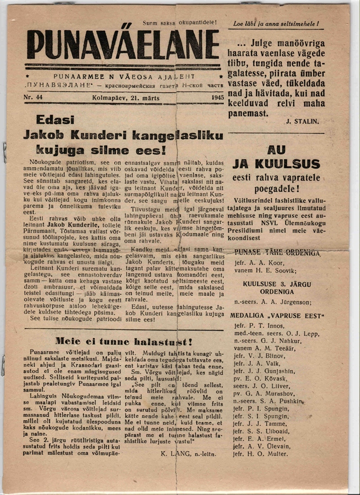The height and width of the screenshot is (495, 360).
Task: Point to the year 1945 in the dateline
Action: [217, 97]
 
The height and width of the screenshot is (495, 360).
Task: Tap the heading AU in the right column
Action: [276, 150]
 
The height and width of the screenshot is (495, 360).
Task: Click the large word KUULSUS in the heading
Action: [276, 163]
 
